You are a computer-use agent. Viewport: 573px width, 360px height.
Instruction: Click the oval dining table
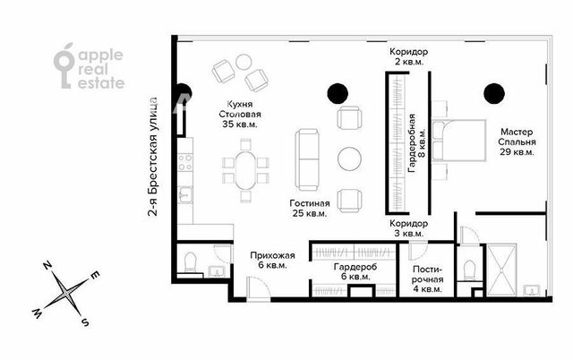coord(245,170)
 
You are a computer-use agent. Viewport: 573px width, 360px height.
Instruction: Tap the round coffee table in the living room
coord(349,159)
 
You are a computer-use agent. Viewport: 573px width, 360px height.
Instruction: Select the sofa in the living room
coord(307,159)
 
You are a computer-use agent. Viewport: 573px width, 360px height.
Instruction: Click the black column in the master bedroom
coord(494,94)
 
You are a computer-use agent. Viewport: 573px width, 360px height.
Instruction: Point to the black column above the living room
coord(338,93)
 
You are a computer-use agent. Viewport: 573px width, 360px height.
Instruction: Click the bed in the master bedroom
coord(459,140)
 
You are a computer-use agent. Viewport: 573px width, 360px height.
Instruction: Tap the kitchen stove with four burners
coord(185,162)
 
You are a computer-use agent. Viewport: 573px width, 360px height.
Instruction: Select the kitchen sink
coord(185,194)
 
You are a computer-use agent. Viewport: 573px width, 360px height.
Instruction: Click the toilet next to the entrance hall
coord(191,262)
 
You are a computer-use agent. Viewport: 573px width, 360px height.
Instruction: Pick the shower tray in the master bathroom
coord(502,270)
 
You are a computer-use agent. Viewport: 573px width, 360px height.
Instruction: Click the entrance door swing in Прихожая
coord(259,288)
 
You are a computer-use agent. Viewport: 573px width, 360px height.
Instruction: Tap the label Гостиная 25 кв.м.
coord(310,208)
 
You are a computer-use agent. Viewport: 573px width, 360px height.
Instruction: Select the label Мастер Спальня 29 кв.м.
coord(517,141)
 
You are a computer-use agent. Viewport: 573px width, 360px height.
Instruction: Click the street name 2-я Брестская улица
coord(153,157)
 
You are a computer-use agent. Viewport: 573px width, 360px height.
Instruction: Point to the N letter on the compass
coord(47,265)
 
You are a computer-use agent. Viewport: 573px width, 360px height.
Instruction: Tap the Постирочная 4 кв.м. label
coord(428,279)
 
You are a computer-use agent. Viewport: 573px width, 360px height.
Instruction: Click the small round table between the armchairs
coord(244,62)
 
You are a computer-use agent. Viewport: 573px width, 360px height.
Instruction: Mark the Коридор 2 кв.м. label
coord(408,56)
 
